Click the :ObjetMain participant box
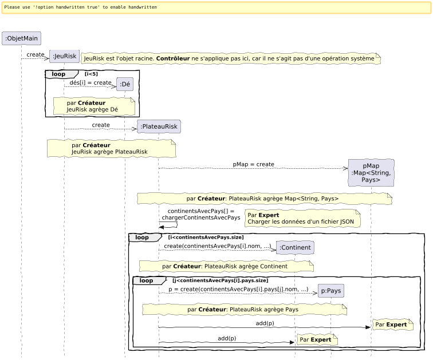coord(22,38)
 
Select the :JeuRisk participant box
coord(64,56)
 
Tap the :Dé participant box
coord(125,85)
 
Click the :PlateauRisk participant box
coord(159,126)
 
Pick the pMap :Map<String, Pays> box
coord(371,173)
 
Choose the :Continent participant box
coord(295,248)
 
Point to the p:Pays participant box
coord(331,291)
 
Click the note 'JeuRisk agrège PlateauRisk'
coord(111,149)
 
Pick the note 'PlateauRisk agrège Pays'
coord(244,309)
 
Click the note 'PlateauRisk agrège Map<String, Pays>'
coord(264,199)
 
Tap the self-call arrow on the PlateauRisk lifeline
coord(169,226)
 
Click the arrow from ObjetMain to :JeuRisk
coord(36,58)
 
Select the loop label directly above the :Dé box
coord(59,74)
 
